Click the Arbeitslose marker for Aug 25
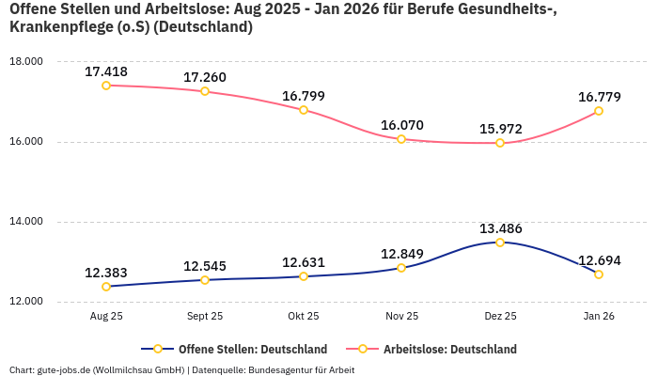(x=106, y=86)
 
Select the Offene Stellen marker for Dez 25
(x=500, y=243)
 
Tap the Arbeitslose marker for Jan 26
(x=599, y=111)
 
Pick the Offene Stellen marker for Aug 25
(x=106, y=287)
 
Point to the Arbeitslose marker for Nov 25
(x=401, y=139)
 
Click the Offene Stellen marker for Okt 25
(x=304, y=276)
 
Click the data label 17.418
(x=106, y=71)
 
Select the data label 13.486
(x=500, y=228)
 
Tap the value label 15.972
(x=500, y=129)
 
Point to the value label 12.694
(x=599, y=260)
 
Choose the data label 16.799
(x=304, y=96)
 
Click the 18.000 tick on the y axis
(x=26, y=62)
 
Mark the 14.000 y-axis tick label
(x=26, y=222)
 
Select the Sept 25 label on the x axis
(x=205, y=317)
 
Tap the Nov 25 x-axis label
(x=401, y=317)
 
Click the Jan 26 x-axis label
(x=599, y=317)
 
